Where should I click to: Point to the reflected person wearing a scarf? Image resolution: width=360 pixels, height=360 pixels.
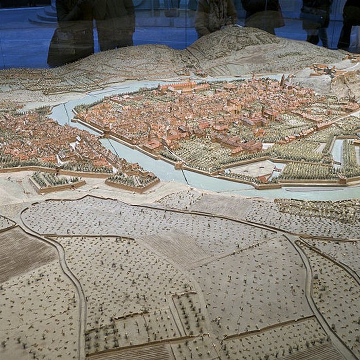coord(216,15)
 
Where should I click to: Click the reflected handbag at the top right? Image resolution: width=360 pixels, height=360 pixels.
coord(315,15)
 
